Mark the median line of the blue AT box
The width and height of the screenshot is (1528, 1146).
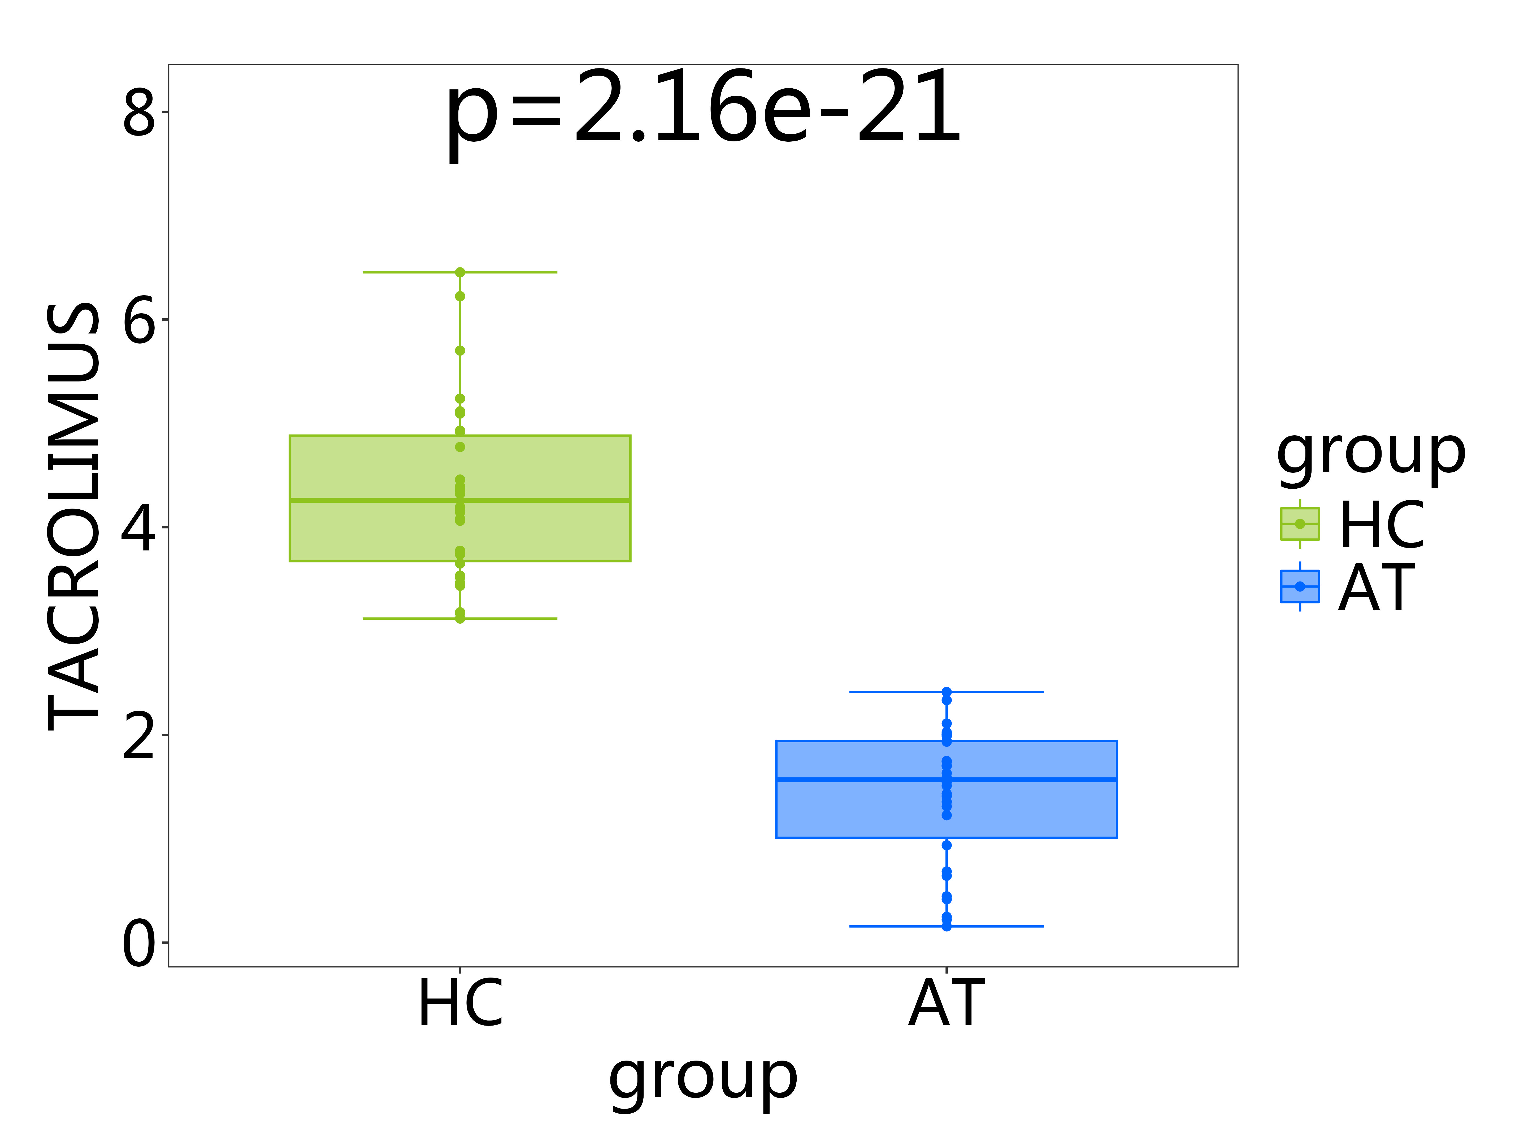pos(863,779)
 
